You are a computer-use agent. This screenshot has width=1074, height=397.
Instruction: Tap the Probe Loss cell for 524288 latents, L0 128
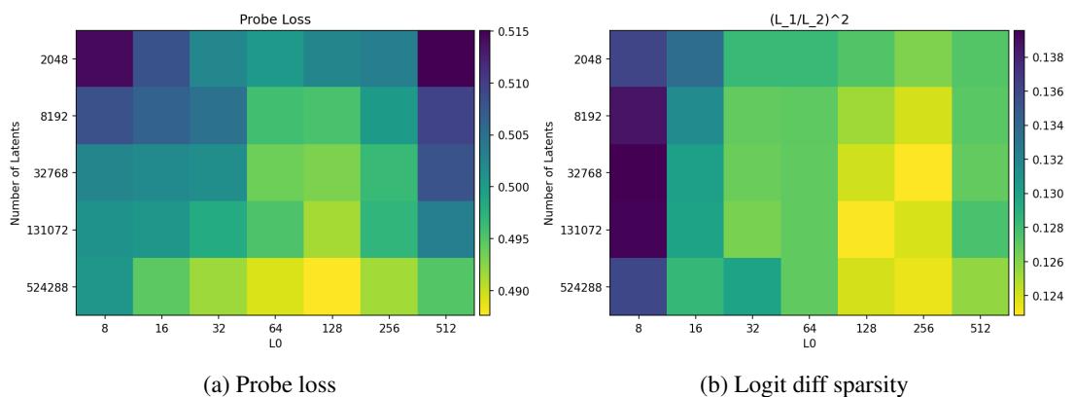(331, 286)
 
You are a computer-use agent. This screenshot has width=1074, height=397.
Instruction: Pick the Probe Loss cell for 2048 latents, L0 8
(105, 58)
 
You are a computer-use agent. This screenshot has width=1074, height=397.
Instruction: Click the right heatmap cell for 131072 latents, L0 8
(641, 230)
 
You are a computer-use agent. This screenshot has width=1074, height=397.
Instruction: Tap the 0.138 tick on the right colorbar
(1044, 59)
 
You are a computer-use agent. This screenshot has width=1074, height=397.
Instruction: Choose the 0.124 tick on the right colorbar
(1044, 296)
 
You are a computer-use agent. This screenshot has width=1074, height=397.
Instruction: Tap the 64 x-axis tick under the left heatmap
(275, 329)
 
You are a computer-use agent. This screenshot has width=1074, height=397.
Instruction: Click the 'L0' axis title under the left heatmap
(275, 343)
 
